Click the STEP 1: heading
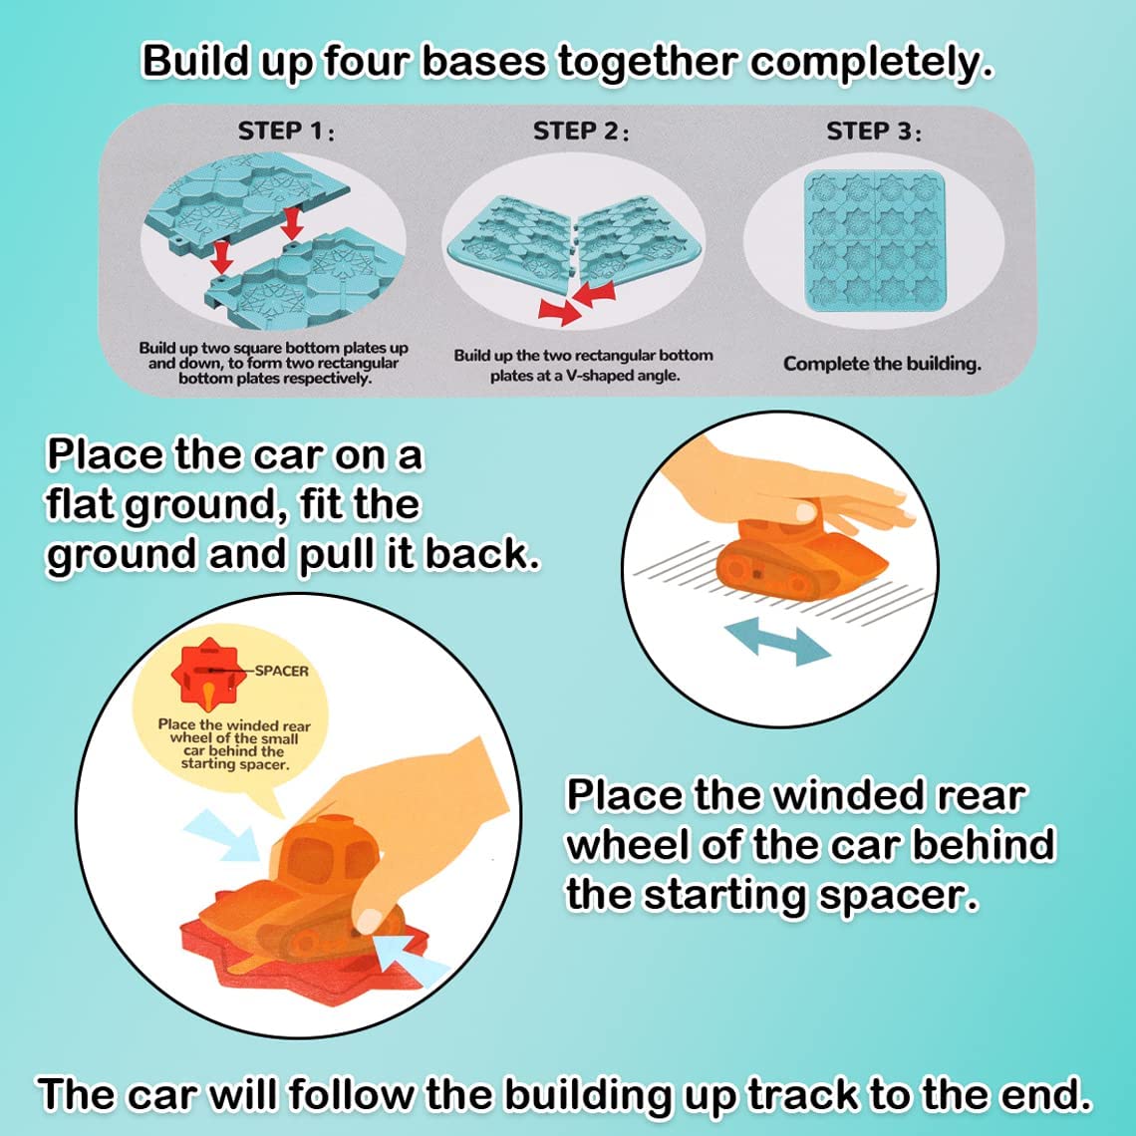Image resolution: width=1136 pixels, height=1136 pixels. [x=285, y=131]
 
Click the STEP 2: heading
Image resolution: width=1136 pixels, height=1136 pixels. [x=581, y=132]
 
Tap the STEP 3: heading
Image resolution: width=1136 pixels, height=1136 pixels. [x=873, y=132]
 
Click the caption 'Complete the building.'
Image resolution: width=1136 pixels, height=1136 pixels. [x=881, y=364]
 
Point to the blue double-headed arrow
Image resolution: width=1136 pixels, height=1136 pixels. [x=776, y=640]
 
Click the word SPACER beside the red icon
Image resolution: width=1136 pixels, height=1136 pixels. [x=281, y=671]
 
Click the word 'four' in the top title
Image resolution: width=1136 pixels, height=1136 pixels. [x=365, y=62]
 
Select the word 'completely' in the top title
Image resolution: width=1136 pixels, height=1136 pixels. [x=871, y=62]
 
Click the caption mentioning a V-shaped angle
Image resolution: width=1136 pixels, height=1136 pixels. [x=583, y=366]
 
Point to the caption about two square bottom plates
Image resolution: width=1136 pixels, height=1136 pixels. [x=273, y=363]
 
